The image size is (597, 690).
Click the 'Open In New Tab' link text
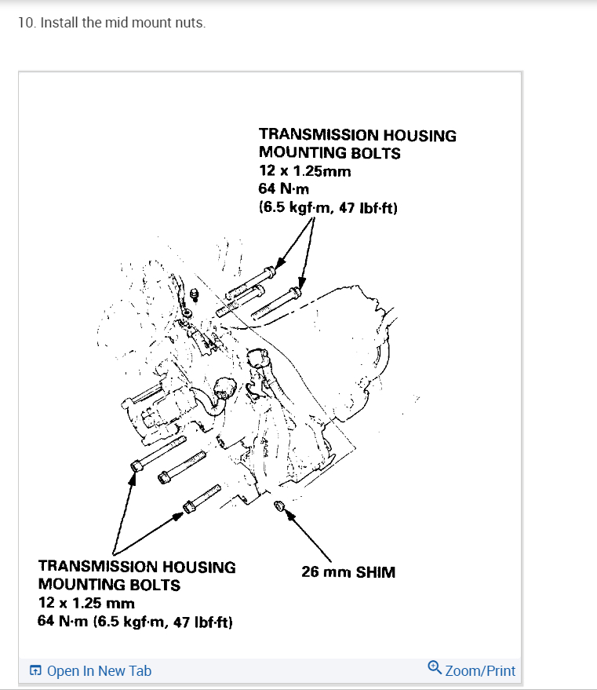coord(99,671)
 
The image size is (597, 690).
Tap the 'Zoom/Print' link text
coord(480,671)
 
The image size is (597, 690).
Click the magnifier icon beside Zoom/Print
coord(435,669)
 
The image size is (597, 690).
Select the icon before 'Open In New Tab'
coord(35,671)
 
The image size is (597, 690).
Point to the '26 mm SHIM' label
coord(348,572)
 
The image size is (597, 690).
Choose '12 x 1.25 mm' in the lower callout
coord(86,604)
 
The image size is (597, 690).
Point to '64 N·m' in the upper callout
coord(284,189)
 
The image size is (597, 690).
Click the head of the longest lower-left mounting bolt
coord(137,467)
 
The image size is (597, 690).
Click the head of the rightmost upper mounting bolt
coord(293,294)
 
